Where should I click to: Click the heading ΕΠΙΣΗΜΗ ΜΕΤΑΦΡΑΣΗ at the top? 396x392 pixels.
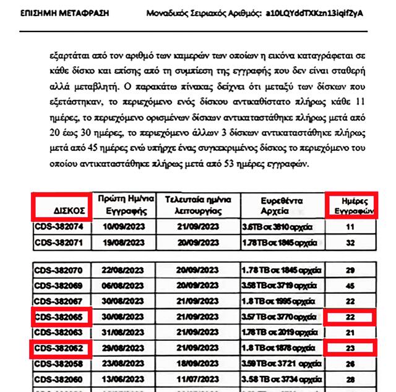[56, 13]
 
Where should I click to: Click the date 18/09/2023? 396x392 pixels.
[198, 363]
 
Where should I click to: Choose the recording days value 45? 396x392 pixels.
[350, 285]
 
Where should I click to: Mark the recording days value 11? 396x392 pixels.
[350, 227]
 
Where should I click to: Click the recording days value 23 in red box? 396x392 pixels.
[350, 347]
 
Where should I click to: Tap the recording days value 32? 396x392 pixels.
[350, 243]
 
